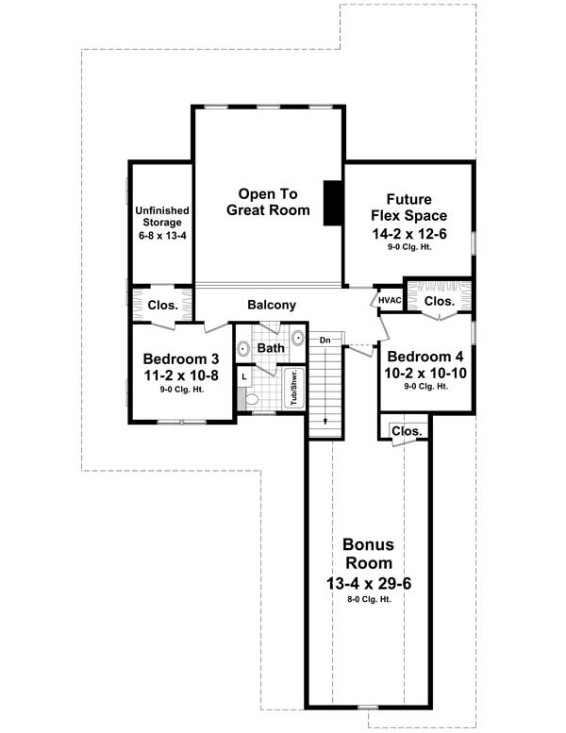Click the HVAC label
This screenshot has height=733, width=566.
click(390, 300)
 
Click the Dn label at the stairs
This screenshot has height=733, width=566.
click(325, 340)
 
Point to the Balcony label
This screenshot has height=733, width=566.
click(272, 305)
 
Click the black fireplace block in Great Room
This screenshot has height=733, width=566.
click(332, 203)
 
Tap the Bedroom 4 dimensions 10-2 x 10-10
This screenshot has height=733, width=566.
click(424, 373)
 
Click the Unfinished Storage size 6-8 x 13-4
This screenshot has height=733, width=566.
click(163, 233)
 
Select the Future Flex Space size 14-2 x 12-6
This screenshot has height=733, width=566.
click(408, 233)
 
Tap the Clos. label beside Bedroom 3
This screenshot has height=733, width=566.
click(163, 305)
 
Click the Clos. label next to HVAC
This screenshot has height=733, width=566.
click(439, 301)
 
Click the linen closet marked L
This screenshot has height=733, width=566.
click(243, 375)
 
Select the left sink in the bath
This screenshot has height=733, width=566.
click(242, 348)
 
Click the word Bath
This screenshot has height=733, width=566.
click(271, 348)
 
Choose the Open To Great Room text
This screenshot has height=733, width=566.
click(268, 201)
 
